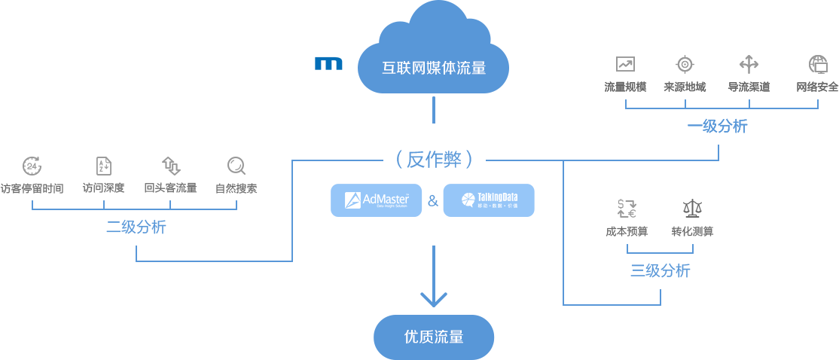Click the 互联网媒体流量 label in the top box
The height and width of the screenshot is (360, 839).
pos(433,68)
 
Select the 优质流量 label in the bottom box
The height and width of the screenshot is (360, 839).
pos(434,337)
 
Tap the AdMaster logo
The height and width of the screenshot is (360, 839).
pos(377,200)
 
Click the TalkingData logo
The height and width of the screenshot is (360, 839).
pos(489,200)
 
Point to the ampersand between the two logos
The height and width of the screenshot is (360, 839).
pos(432,200)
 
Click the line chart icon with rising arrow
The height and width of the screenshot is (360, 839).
pos(625,64)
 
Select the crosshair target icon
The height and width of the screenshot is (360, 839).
pos(685,64)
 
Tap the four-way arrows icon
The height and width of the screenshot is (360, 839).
pos(749,64)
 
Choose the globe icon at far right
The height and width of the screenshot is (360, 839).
pos(818,64)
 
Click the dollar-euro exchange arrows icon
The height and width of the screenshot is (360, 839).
pos(627,209)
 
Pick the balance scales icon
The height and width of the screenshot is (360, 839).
pos(692,209)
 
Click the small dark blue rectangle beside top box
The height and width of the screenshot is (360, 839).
pos(328,63)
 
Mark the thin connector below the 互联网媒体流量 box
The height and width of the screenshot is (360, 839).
pos(433,109)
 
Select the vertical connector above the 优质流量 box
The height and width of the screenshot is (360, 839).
pos(433,276)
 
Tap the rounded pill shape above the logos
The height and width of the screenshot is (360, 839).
pos(434,159)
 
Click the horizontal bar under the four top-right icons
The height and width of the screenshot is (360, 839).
pos(721,104)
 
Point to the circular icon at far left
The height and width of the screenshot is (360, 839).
pos(32,166)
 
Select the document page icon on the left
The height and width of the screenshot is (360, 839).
pos(103,166)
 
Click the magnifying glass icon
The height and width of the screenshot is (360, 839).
pos(236,166)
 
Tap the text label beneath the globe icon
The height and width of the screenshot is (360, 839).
pos(817,87)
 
